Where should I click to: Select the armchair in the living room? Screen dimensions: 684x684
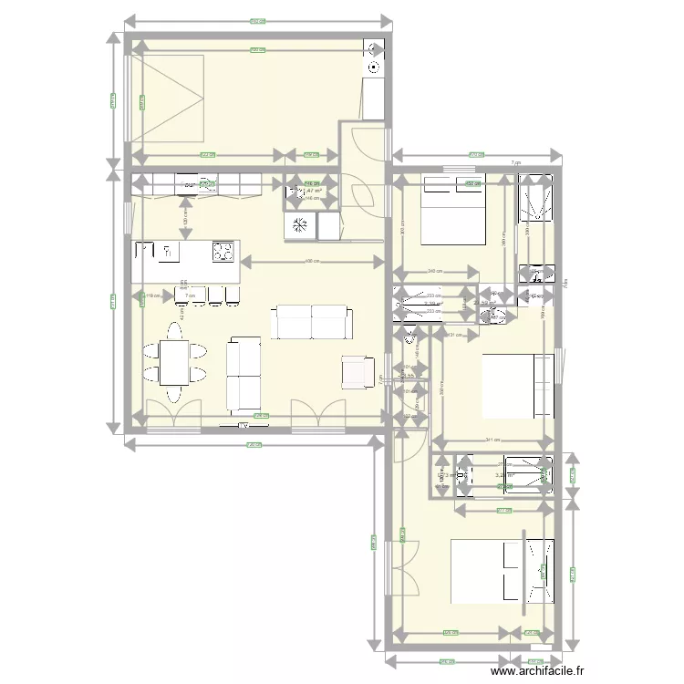[357, 370]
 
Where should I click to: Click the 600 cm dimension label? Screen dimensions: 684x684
[310, 263]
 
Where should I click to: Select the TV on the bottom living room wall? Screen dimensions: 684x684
[244, 423]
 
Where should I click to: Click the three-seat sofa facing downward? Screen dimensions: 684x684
[311, 322]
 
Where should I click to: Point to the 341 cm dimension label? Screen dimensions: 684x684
[492, 440]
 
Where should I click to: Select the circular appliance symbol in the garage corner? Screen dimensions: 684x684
[374, 66]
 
